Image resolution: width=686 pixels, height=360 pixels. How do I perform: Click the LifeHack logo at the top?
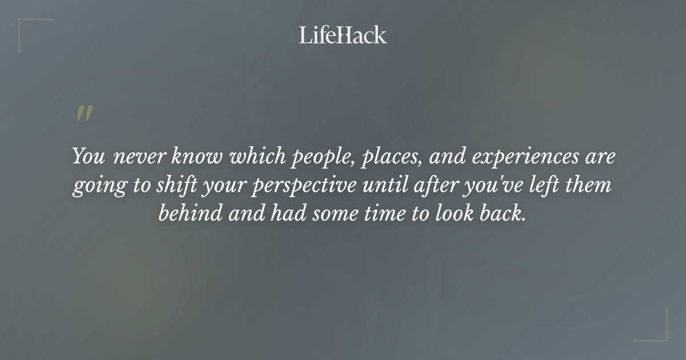(x=342, y=35)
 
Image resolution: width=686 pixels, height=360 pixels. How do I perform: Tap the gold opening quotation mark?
(x=85, y=114)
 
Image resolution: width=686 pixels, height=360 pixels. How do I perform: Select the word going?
(x=94, y=187)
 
